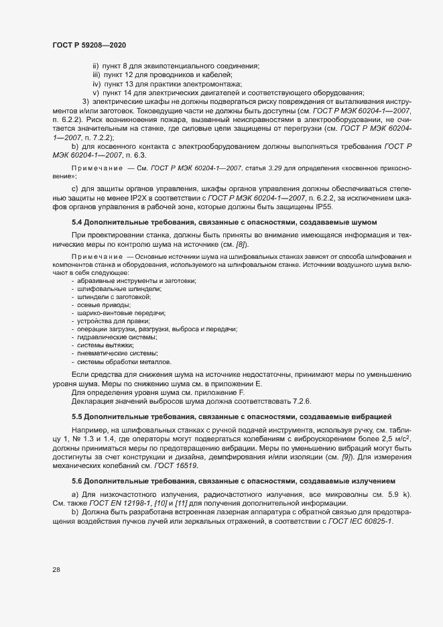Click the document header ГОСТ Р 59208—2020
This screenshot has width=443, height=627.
pyautogui.click(x=89, y=44)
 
